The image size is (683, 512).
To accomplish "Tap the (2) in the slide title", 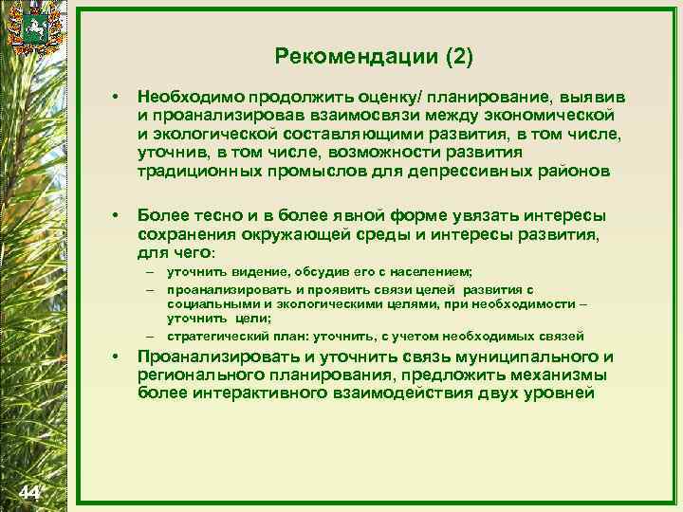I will pyautogui.click(x=457, y=57).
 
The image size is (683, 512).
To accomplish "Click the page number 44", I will pyautogui.click(x=28, y=491).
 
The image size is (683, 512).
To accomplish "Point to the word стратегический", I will pyautogui.click(x=217, y=336).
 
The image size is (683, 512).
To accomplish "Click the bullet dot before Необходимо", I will pyautogui.click(x=115, y=98).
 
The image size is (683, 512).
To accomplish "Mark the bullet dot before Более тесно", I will pyautogui.click(x=115, y=217).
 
